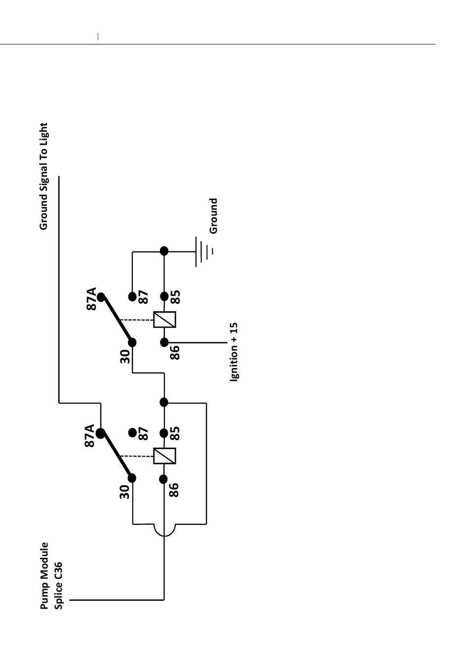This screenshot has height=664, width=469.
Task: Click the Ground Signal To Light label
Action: pos(44,176)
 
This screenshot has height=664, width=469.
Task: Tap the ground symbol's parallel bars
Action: pos(203,251)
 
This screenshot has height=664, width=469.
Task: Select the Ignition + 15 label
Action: pos(234,352)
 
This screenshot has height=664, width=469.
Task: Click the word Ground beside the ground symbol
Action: pos(213,216)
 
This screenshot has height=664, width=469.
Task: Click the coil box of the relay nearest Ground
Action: pos(164,320)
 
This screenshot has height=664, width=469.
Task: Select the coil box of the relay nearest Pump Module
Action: pos(164,456)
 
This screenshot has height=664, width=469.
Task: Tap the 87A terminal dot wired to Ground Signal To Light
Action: pos(101,434)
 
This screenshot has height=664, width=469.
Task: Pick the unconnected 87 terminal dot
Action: pos(132,432)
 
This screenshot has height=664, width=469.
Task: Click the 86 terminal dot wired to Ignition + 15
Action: pos(164,342)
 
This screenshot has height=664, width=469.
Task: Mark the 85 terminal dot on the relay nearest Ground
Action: pos(164,296)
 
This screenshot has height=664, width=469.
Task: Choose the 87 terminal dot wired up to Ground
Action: pos(132,296)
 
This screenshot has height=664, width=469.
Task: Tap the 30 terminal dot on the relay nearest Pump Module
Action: pos(132,478)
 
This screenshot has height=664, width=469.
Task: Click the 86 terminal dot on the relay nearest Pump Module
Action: pos(164,478)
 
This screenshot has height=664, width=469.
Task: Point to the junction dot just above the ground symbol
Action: pos(164,251)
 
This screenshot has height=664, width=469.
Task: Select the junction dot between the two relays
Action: pos(164,402)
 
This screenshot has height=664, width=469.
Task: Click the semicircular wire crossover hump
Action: pos(164,531)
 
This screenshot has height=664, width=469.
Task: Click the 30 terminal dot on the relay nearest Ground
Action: pos(132,342)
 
